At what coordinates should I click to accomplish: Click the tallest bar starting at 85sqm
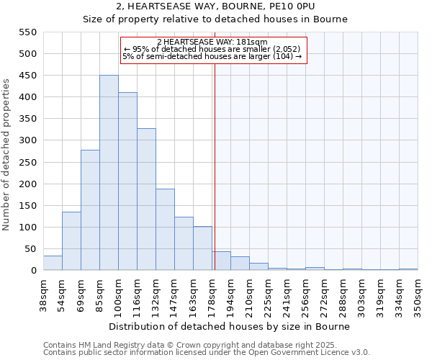(109, 173)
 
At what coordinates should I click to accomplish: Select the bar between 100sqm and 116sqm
(127, 181)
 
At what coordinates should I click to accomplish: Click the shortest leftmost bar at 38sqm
(53, 264)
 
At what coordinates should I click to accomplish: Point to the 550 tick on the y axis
(27, 32)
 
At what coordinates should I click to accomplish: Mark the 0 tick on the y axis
(33, 271)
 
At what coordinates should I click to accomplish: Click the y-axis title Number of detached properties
(7, 155)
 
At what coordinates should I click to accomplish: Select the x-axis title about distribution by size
(230, 326)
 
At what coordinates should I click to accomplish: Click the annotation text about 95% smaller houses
(212, 49)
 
